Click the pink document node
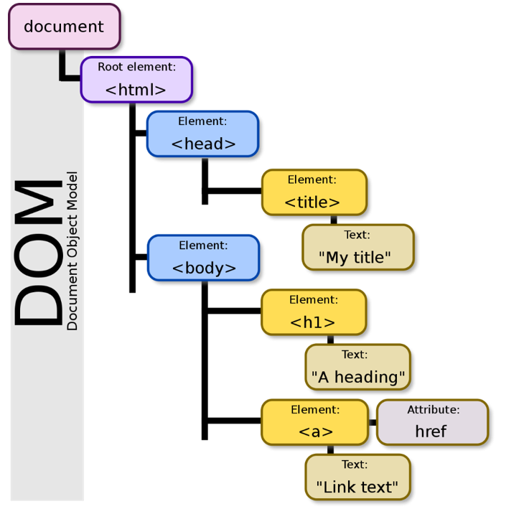coord(64,27)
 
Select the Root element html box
coord(136,80)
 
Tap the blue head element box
coord(203,134)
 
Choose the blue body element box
coord(204,258)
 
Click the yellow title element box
coord(314,192)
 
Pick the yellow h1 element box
coord(314,312)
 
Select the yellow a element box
coord(315,422)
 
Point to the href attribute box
coord(433,422)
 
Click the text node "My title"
coord(358,247)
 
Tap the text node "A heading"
coord(357,367)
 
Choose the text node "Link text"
coord(357,477)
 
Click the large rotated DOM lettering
coord(38,252)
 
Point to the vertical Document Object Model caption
coord(72,251)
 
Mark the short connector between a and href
coord(373,422)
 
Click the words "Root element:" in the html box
coord(136,67)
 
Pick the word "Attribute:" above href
coord(434,409)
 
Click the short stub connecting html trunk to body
coord(141,257)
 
